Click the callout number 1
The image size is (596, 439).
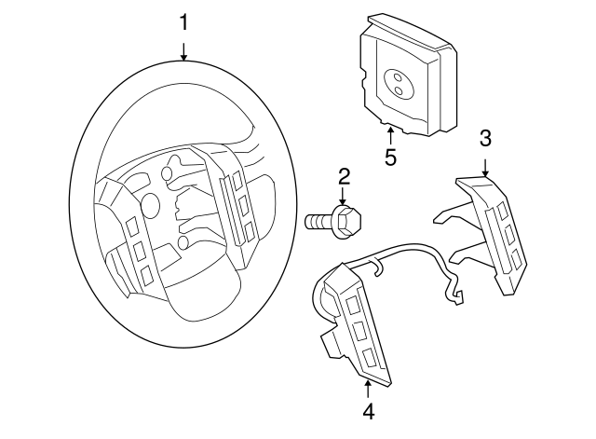[183, 21]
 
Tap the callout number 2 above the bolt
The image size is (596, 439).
[344, 175]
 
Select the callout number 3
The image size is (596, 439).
[485, 139]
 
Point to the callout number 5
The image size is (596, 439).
[390, 157]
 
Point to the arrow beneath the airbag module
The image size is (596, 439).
[390, 135]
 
